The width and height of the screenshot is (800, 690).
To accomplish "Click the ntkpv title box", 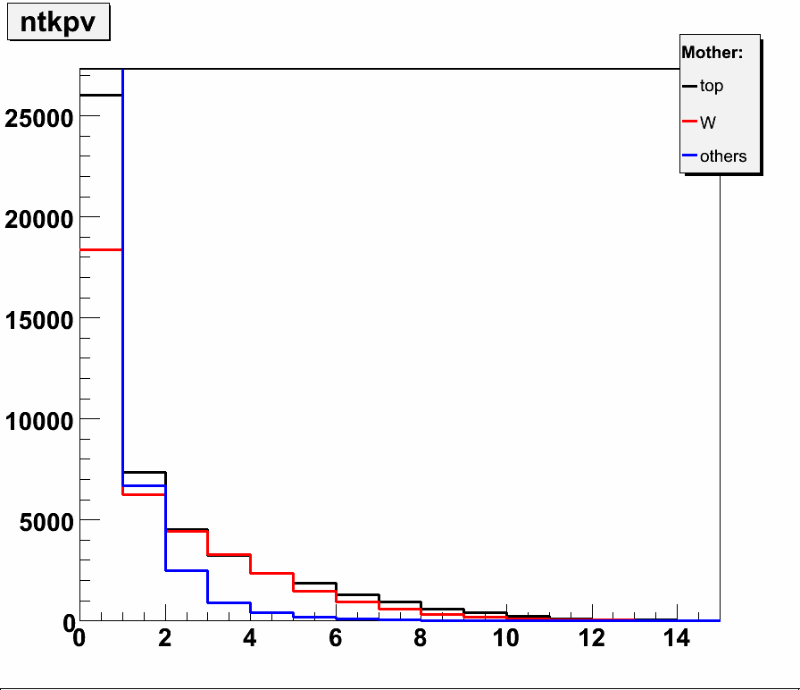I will (58, 23).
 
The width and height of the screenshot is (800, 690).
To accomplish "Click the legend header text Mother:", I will (712, 53).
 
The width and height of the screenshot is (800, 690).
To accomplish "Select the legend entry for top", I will (712, 87).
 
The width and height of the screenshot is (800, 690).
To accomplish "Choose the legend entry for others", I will (722, 156).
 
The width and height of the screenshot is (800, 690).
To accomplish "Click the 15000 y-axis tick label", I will (37, 319).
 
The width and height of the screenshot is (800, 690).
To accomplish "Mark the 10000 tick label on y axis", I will (37, 420).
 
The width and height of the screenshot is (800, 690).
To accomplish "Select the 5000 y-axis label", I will (45, 521).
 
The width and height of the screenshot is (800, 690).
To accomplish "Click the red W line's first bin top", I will (100, 249).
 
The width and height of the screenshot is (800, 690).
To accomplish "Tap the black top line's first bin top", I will (100, 95).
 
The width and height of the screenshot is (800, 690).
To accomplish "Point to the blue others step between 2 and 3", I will (187, 570).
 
